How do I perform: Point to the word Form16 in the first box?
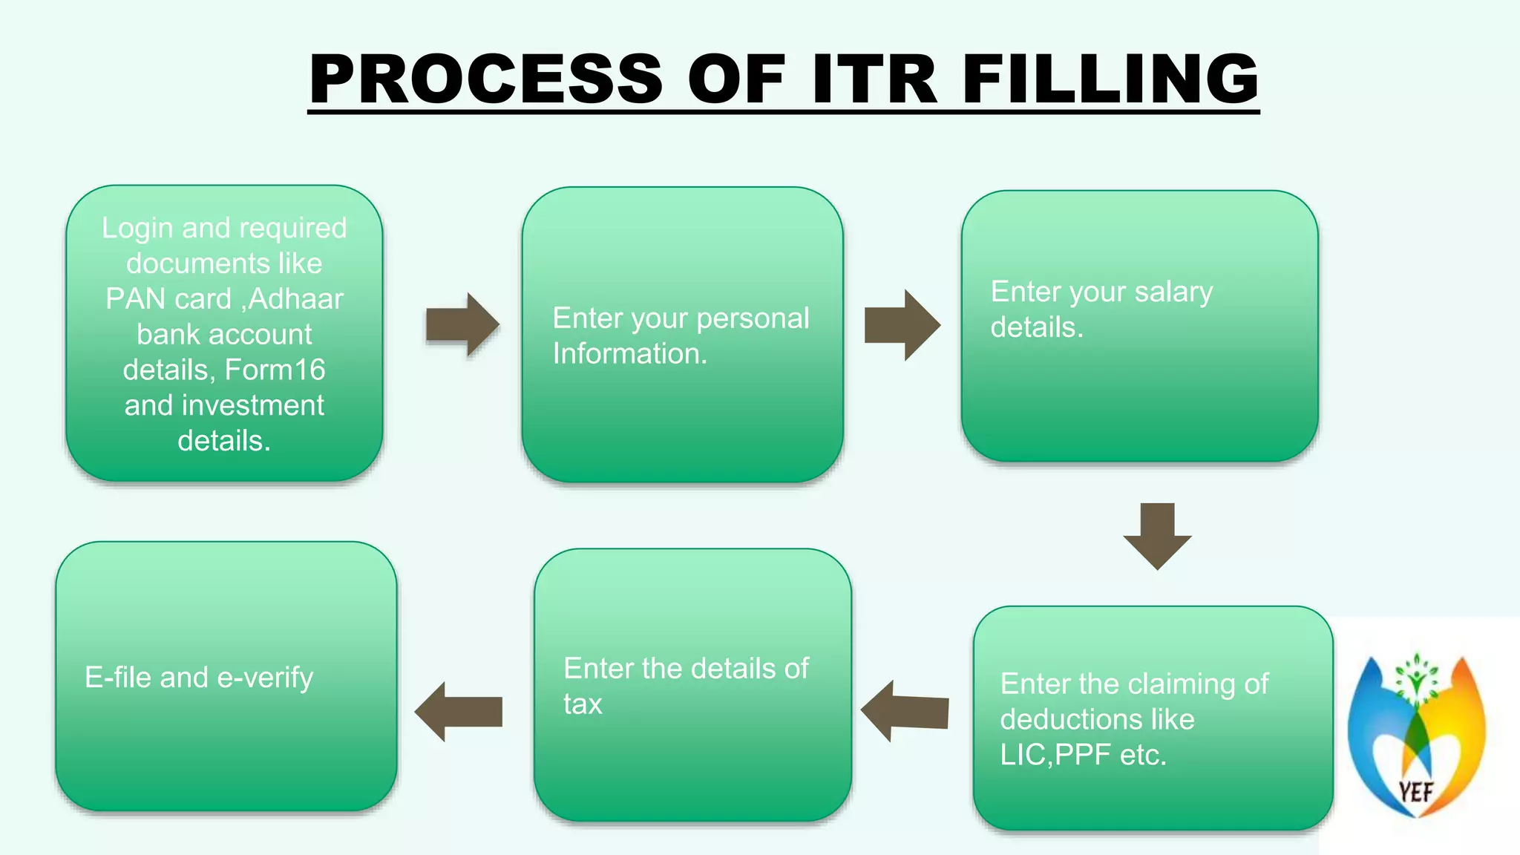tap(275, 370)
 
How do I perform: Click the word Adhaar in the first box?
tap(296, 299)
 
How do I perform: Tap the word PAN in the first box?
tap(131, 299)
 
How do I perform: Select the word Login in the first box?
tap(137, 228)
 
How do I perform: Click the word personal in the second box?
tap(753, 318)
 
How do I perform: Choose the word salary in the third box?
tap(1173, 292)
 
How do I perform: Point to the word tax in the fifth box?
tap(583, 704)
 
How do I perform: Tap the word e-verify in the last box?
tap(265, 678)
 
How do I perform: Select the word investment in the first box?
tap(252, 405)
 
